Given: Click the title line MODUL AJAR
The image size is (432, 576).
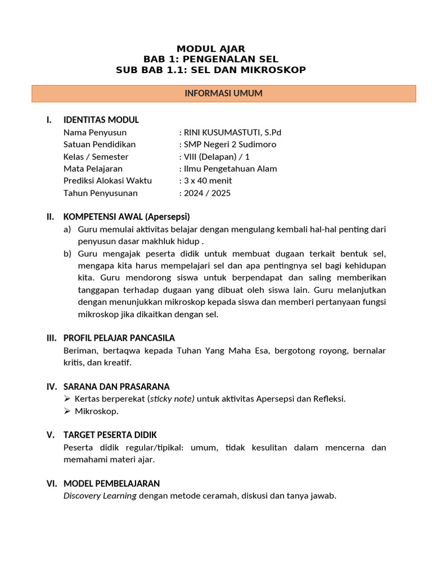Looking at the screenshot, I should pyautogui.click(x=211, y=49).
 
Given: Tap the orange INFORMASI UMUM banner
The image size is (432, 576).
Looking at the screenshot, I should pyautogui.click(x=223, y=93).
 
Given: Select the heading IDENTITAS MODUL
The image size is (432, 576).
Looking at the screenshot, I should pyautogui.click(x=101, y=120).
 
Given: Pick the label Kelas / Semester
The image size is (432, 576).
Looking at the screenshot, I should pyautogui.click(x=96, y=157).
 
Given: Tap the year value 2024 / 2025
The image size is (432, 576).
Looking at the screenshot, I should pyautogui.click(x=207, y=193).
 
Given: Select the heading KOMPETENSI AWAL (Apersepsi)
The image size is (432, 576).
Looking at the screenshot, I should pyautogui.click(x=127, y=217).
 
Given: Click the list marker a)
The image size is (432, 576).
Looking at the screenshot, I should pyautogui.click(x=67, y=229).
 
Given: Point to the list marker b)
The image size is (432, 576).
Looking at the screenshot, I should pyautogui.click(x=67, y=254).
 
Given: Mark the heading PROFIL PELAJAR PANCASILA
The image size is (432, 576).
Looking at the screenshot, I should pyautogui.click(x=119, y=338).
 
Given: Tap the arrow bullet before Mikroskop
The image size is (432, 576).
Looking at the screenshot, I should pyautogui.click(x=68, y=411).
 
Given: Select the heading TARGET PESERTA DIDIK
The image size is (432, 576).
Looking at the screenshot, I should pyautogui.click(x=110, y=435).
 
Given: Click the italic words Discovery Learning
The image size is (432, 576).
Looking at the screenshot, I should pyautogui.click(x=100, y=496).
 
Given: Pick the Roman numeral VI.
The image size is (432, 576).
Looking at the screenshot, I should pyautogui.click(x=51, y=484).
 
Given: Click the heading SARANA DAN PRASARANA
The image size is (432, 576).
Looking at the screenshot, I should pyautogui.click(x=116, y=387).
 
